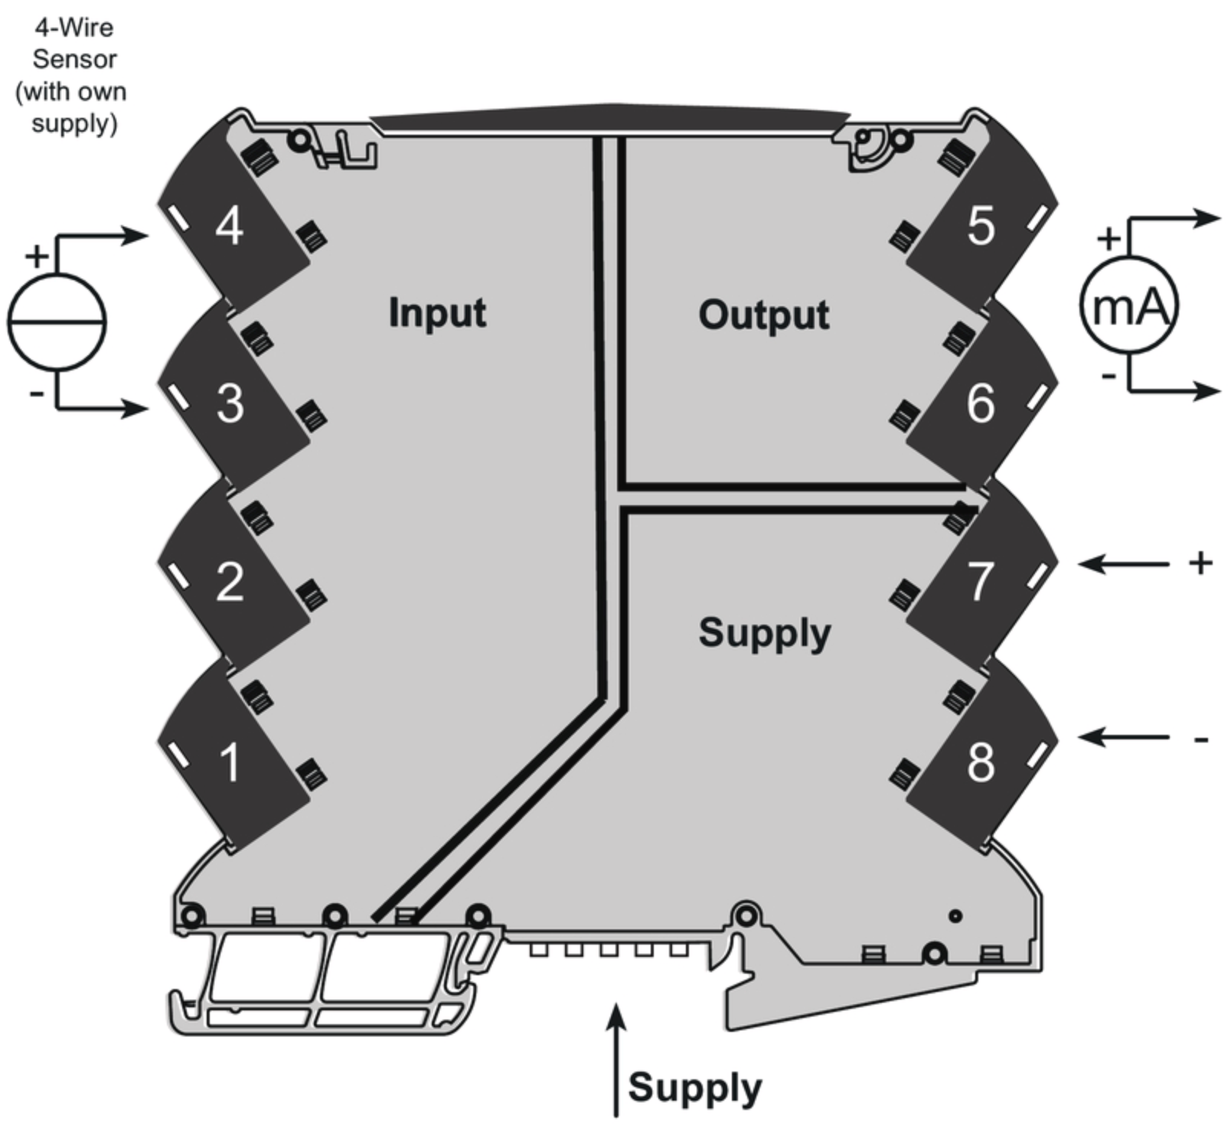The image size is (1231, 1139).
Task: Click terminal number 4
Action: [230, 226]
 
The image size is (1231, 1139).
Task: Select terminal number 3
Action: [230, 403]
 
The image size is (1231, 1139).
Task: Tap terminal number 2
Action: [230, 582]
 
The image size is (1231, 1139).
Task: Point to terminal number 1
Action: [230, 762]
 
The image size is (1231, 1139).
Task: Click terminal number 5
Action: [981, 226]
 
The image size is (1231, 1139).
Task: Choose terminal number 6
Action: [981, 403]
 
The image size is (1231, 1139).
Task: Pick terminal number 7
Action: [981, 582]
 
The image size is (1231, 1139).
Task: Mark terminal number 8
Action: [981, 762]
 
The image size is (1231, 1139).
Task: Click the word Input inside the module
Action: [437, 313]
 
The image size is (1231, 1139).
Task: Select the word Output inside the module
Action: [763, 315]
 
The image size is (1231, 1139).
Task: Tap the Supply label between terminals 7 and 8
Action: [764, 634]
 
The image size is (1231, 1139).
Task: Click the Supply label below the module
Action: [694, 1088]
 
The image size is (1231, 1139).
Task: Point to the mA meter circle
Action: [1128, 305]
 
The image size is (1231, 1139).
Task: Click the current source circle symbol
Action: [57, 322]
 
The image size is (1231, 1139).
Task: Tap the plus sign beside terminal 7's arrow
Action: [1201, 563]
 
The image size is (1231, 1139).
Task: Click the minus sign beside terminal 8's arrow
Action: [1201, 739]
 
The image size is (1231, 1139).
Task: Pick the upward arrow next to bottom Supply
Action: [616, 1061]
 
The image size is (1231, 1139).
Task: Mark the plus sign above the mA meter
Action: [1109, 239]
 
